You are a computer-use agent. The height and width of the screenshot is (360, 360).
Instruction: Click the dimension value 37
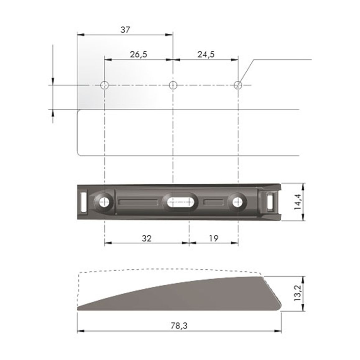click(125, 30)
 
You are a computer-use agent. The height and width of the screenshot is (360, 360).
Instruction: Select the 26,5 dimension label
click(138, 54)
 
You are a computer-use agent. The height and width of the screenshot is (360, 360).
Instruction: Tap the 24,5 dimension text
click(206, 54)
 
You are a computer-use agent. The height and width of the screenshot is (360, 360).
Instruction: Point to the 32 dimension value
click(146, 238)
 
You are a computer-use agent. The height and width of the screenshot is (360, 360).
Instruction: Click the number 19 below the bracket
click(214, 238)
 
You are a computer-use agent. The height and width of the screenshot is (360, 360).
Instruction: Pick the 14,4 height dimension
click(297, 202)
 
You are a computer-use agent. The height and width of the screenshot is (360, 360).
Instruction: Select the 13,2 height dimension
click(297, 293)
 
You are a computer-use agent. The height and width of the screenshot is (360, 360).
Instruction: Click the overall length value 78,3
click(179, 325)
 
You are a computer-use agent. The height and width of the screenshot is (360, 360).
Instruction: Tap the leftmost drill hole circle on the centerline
click(104, 85)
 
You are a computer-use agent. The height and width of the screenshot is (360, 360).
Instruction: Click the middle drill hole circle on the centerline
click(173, 85)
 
